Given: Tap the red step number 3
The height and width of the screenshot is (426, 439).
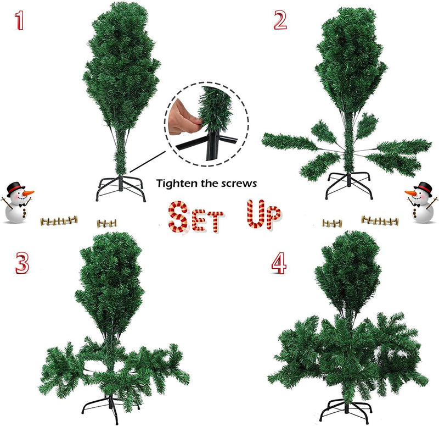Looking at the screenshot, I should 21,263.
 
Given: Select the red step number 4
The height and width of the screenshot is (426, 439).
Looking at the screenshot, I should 278,263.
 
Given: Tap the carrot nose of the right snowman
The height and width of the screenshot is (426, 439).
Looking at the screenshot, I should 411,193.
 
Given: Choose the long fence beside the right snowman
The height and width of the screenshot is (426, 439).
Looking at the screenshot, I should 380,220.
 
